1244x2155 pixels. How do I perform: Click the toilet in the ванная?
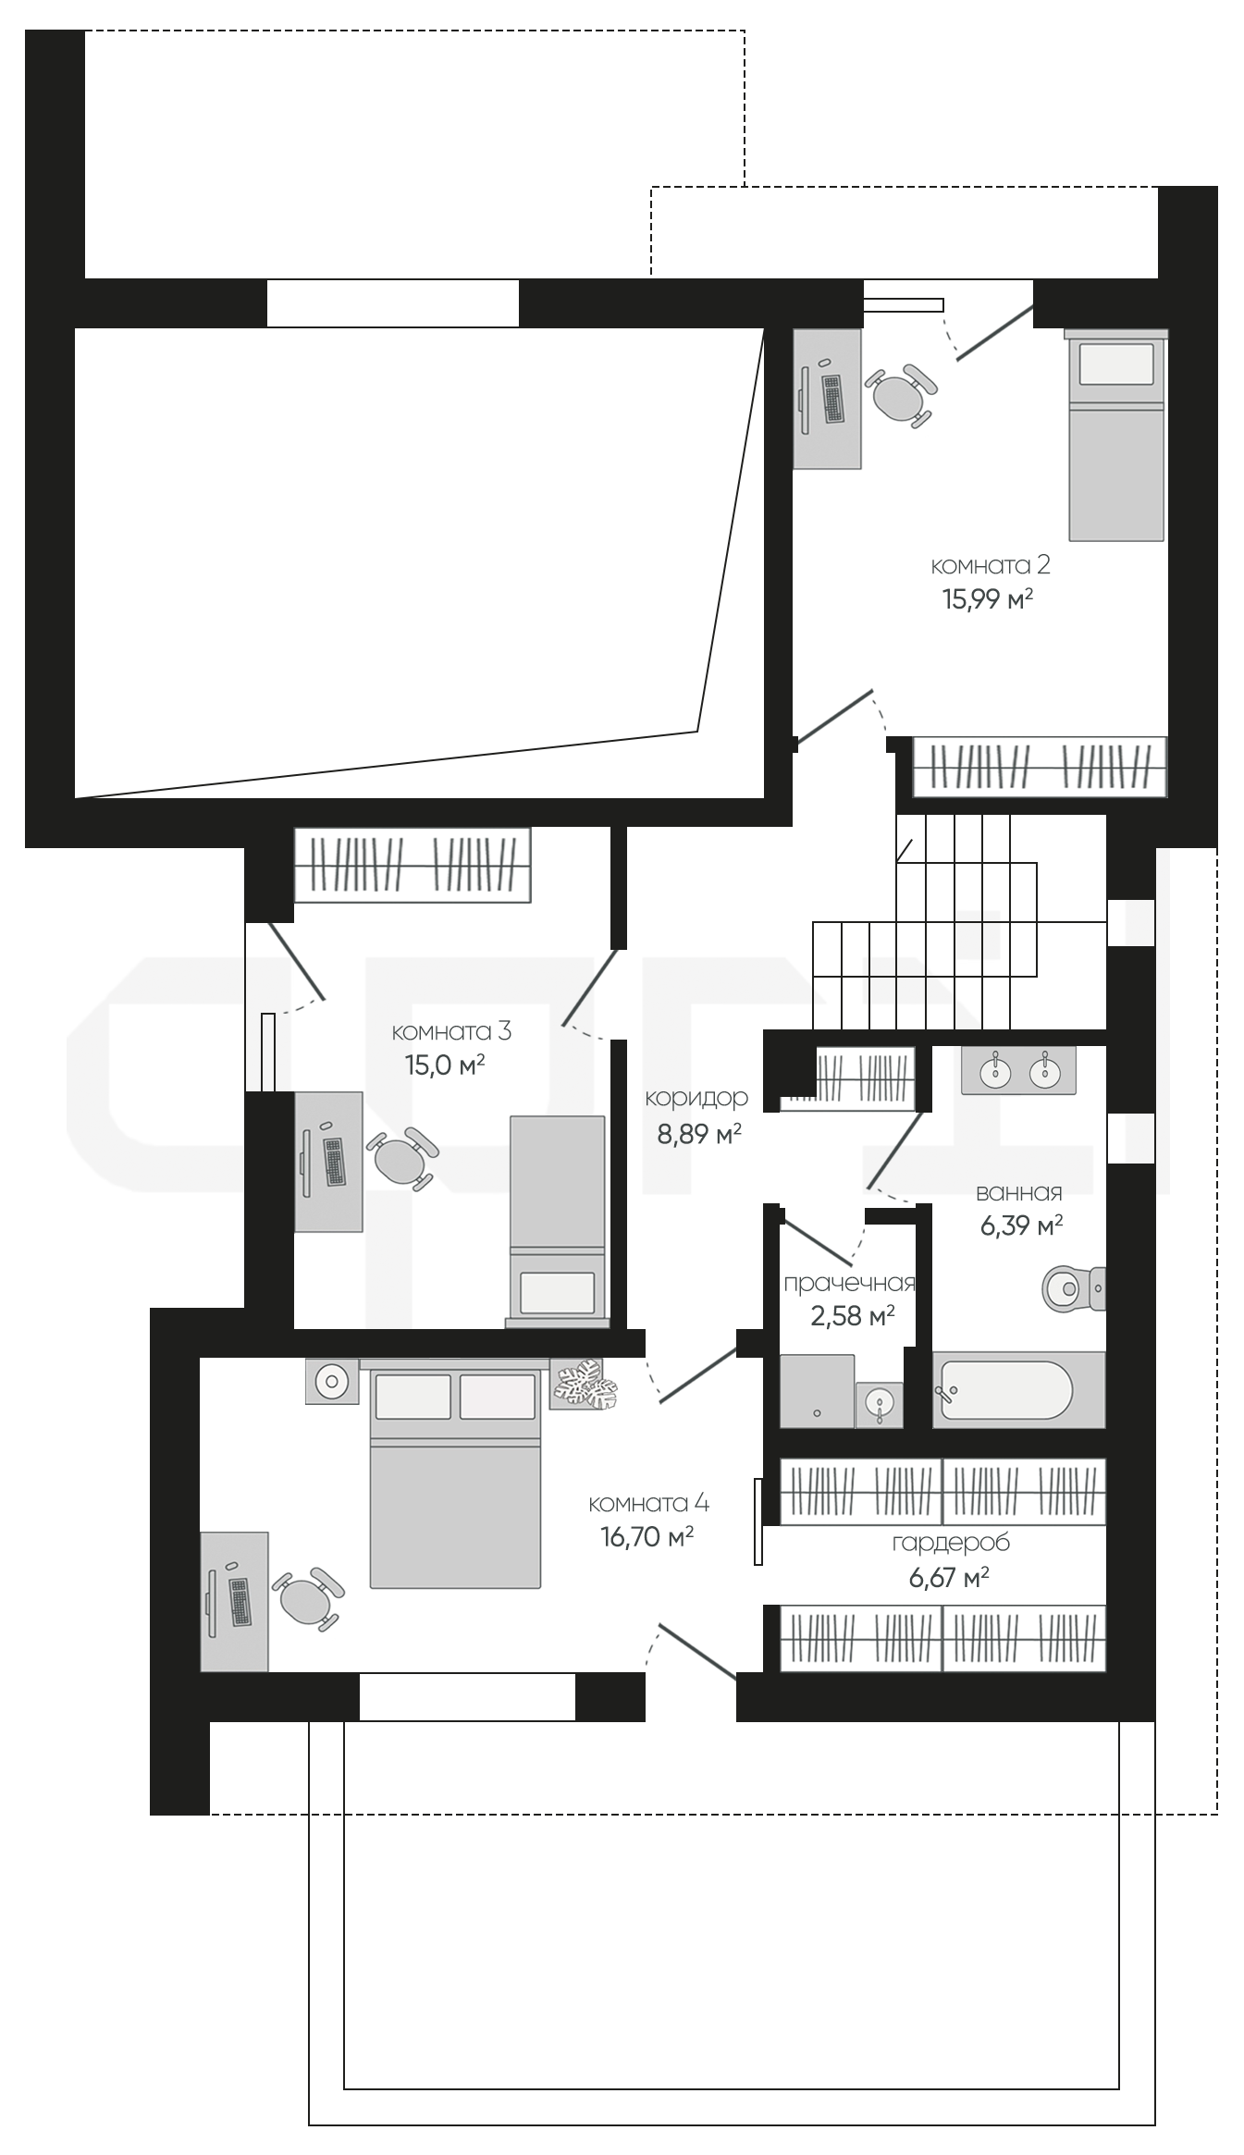point(1074,1286)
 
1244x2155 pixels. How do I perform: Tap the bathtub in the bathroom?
point(1018,1389)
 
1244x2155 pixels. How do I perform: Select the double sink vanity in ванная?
point(1018,1070)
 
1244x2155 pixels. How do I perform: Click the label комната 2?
point(991,564)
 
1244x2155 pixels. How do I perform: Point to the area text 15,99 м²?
point(987,598)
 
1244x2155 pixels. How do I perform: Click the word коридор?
point(696,1099)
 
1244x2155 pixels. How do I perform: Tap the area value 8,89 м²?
point(699,1134)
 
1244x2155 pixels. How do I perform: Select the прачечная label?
point(849,1284)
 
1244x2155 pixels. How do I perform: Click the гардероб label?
point(951,1543)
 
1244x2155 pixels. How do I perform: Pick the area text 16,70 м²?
point(647,1537)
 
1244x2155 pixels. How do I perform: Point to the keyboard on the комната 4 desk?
point(240,1602)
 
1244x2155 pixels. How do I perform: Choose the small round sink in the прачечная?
point(879,1405)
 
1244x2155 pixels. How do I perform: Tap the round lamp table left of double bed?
point(331,1382)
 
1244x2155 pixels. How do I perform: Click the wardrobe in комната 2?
point(1040,767)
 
